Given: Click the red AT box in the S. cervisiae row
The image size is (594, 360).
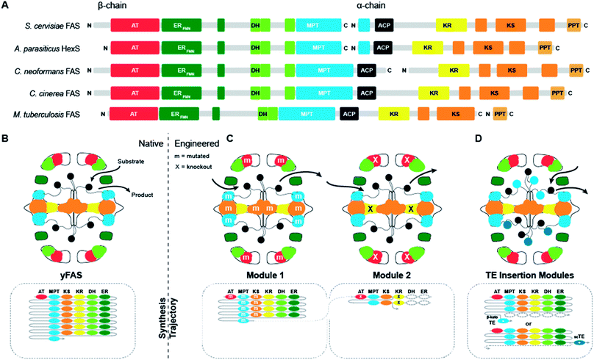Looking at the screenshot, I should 133,26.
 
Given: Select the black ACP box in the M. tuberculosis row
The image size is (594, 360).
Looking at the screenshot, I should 350,115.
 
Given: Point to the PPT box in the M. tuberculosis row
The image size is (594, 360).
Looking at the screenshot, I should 500,115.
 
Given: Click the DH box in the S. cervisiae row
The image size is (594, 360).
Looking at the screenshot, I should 255,26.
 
